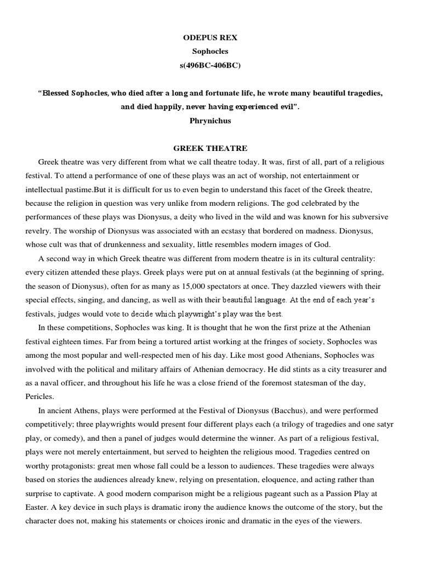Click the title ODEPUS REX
(210, 37)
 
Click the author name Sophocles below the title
(210, 51)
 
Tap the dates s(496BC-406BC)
(210, 65)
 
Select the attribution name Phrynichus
(210, 121)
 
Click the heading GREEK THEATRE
(210, 149)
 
